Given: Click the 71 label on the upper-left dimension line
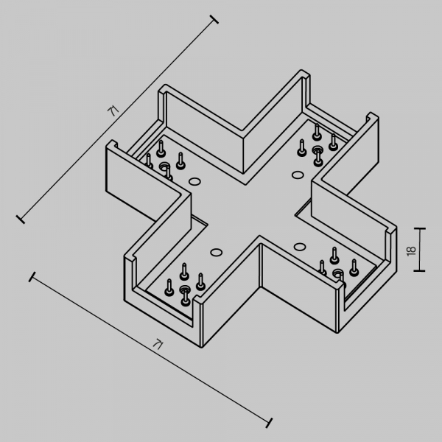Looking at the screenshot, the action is pyautogui.click(x=113, y=110).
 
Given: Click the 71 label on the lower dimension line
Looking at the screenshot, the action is pyautogui.click(x=158, y=344).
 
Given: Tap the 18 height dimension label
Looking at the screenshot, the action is pyautogui.click(x=411, y=250).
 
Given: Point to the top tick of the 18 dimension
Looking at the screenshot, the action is pyautogui.click(x=419, y=228).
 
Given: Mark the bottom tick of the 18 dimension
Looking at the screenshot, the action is pyautogui.click(x=419, y=271).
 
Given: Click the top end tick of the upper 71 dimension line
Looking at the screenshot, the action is pyautogui.click(x=214, y=19).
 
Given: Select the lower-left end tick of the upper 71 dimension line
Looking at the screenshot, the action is pyautogui.click(x=21, y=220).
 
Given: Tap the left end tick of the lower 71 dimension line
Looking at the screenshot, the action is pyautogui.click(x=32, y=276).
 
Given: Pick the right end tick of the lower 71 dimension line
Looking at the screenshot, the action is pyautogui.click(x=269, y=423).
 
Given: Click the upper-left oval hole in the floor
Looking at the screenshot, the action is pyautogui.click(x=194, y=181).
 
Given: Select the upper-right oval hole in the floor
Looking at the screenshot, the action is pyautogui.click(x=298, y=175).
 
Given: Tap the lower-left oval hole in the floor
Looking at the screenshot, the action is pyautogui.click(x=216, y=252).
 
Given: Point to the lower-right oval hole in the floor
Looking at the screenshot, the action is pyautogui.click(x=300, y=247).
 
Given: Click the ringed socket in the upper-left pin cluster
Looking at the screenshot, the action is pyautogui.click(x=164, y=166).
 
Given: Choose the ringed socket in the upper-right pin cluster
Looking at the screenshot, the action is pyautogui.click(x=318, y=150).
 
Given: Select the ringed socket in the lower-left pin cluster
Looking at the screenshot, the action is pyautogui.click(x=185, y=289).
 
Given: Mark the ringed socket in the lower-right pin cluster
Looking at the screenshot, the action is pyautogui.click(x=337, y=273).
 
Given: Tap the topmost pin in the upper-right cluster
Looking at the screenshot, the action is pyautogui.click(x=317, y=132).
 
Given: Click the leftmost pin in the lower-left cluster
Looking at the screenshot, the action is pyautogui.click(x=169, y=287).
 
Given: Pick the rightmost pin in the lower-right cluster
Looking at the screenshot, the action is pyautogui.click(x=354, y=268).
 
